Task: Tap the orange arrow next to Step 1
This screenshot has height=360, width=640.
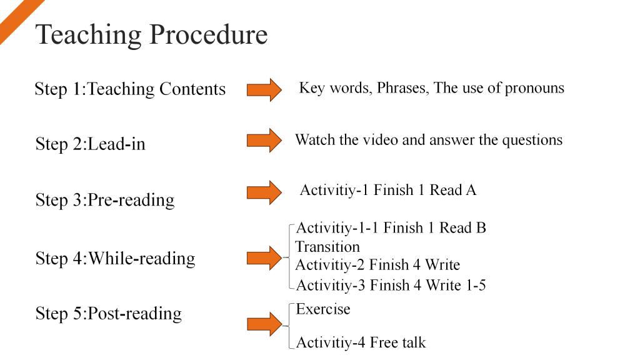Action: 264,89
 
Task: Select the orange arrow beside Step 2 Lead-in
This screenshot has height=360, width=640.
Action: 264,141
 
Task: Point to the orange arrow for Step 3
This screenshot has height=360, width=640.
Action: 264,192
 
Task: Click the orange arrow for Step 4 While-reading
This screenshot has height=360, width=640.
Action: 264,258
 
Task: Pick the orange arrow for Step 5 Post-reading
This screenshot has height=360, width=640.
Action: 264,324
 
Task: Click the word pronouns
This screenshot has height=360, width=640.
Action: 534,89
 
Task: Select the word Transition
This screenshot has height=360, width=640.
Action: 327,246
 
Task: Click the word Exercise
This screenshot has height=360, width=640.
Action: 323,309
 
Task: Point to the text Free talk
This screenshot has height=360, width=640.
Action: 397,342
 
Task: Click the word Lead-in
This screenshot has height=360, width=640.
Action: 116,144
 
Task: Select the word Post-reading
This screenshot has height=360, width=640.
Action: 135,314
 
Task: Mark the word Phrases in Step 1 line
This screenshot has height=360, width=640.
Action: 402,88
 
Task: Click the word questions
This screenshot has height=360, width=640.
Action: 532,141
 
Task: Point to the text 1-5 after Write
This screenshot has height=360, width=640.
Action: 476,285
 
